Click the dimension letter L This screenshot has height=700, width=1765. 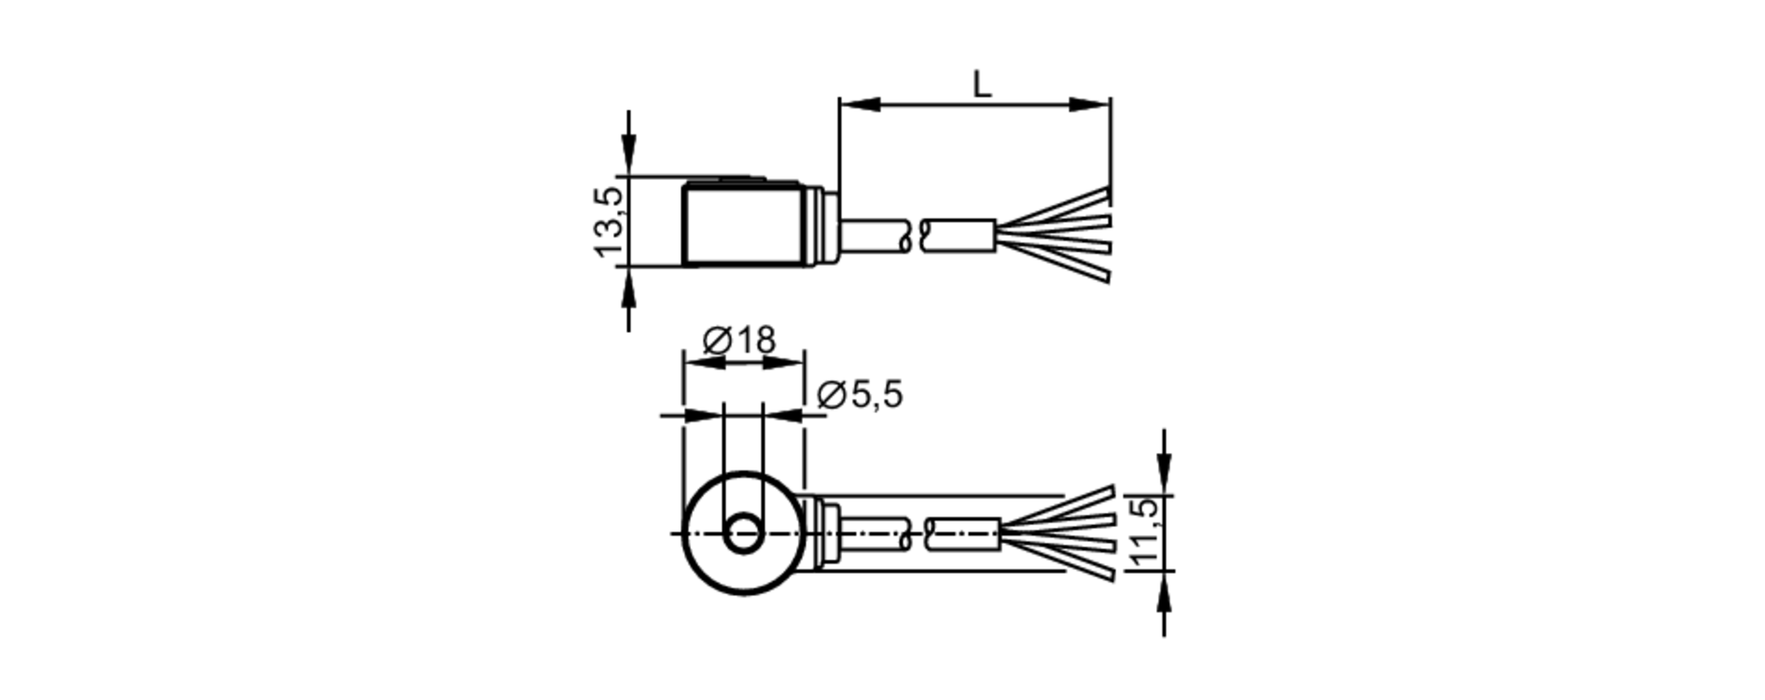pyautogui.click(x=981, y=85)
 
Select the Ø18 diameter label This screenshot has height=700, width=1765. pyautogui.click(x=740, y=340)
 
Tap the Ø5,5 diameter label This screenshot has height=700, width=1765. pyautogui.click(x=860, y=395)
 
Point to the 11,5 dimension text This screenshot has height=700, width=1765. pyautogui.click(x=1144, y=533)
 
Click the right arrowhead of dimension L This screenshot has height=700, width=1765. pyautogui.click(x=1090, y=104)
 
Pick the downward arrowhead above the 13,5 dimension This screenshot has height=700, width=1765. pyautogui.click(x=628, y=159)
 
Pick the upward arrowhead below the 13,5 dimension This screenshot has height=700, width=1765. pyautogui.click(x=628, y=282)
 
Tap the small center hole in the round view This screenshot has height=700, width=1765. pyautogui.click(x=744, y=533)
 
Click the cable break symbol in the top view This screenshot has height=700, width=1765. pyautogui.click(x=915, y=235)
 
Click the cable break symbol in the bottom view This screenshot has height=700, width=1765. pyautogui.click(x=919, y=533)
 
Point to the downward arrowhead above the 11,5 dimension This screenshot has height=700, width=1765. pyautogui.click(x=1164, y=477)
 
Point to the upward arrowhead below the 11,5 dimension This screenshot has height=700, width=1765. pyautogui.click(x=1164, y=589)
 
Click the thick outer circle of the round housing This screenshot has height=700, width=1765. pyautogui.click(x=687, y=533)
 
